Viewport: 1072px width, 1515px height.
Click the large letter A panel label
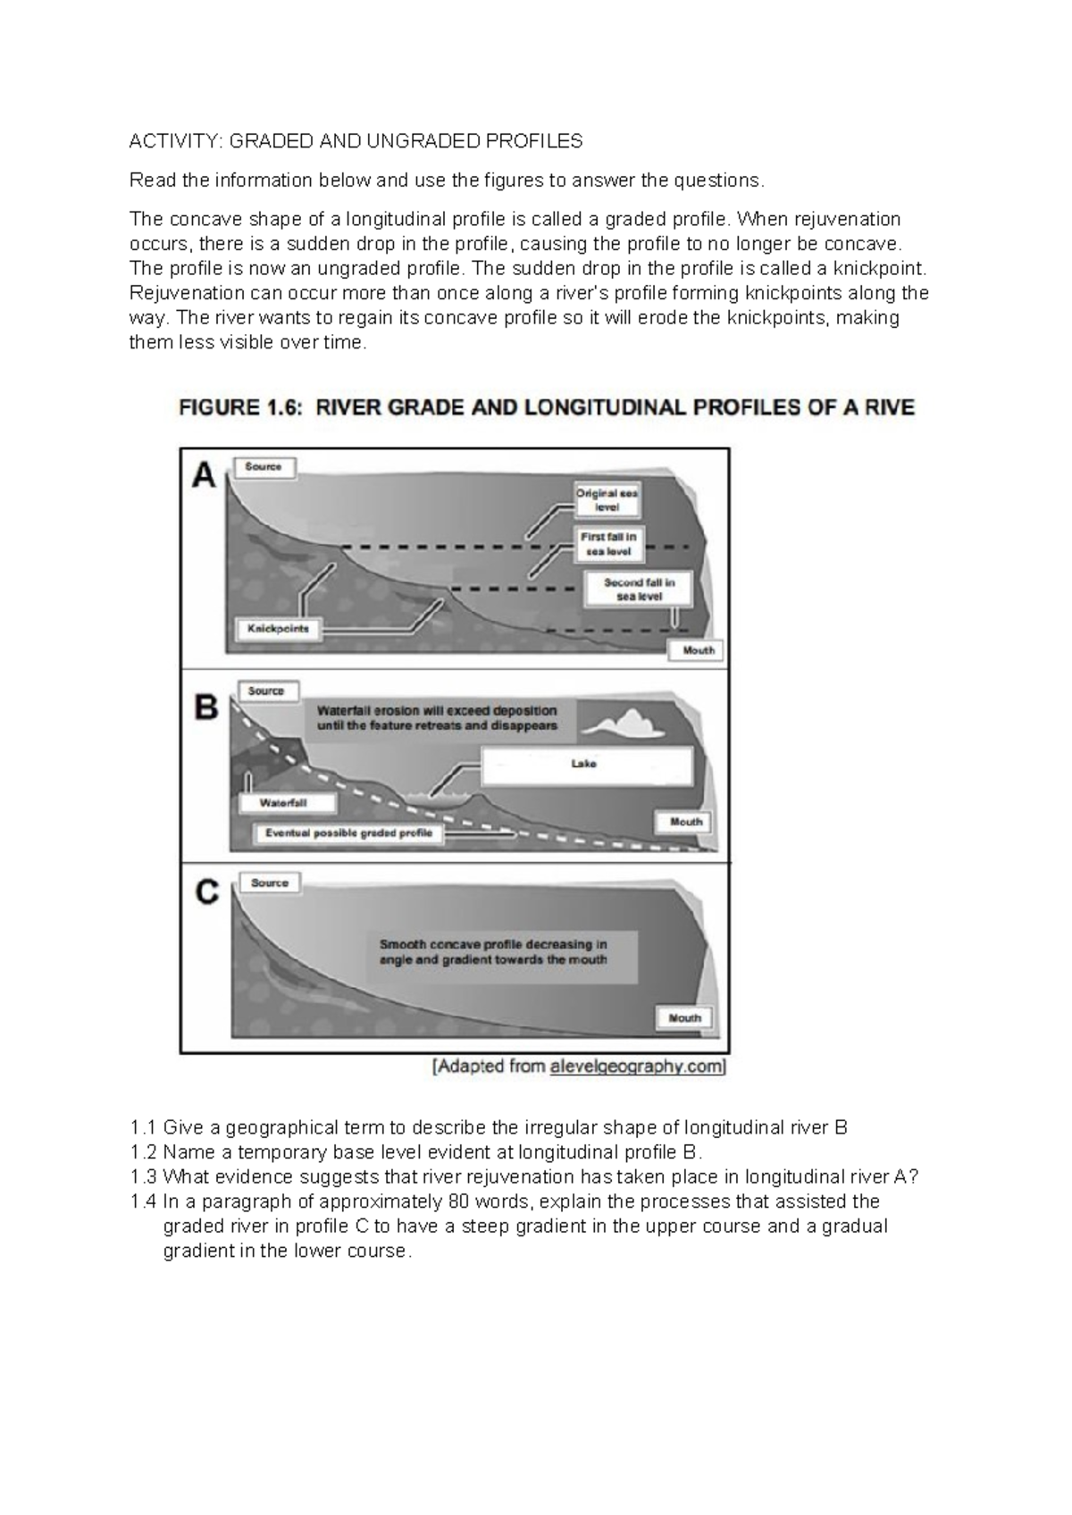(205, 477)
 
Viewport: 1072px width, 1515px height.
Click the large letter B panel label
(206, 707)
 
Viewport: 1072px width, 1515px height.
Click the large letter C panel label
(207, 891)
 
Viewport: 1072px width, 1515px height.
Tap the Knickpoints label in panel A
(278, 629)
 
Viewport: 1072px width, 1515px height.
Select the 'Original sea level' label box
(607, 499)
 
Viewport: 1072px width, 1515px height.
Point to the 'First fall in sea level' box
(608, 544)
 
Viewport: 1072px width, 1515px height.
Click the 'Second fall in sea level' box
(639, 589)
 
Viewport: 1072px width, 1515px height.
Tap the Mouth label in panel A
(698, 650)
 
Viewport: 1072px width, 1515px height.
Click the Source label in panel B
(266, 691)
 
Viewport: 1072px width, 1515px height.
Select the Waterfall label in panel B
(284, 802)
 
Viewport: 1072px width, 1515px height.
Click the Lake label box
(585, 765)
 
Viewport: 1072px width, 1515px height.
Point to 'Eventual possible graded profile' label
(348, 833)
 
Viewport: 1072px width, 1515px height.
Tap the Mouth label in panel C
(685, 1017)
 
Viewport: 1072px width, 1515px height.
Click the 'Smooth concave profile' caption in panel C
(493, 952)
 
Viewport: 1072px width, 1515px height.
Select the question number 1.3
(143, 1176)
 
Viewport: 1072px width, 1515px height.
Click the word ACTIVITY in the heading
(175, 141)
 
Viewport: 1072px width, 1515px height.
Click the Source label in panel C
(269, 883)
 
